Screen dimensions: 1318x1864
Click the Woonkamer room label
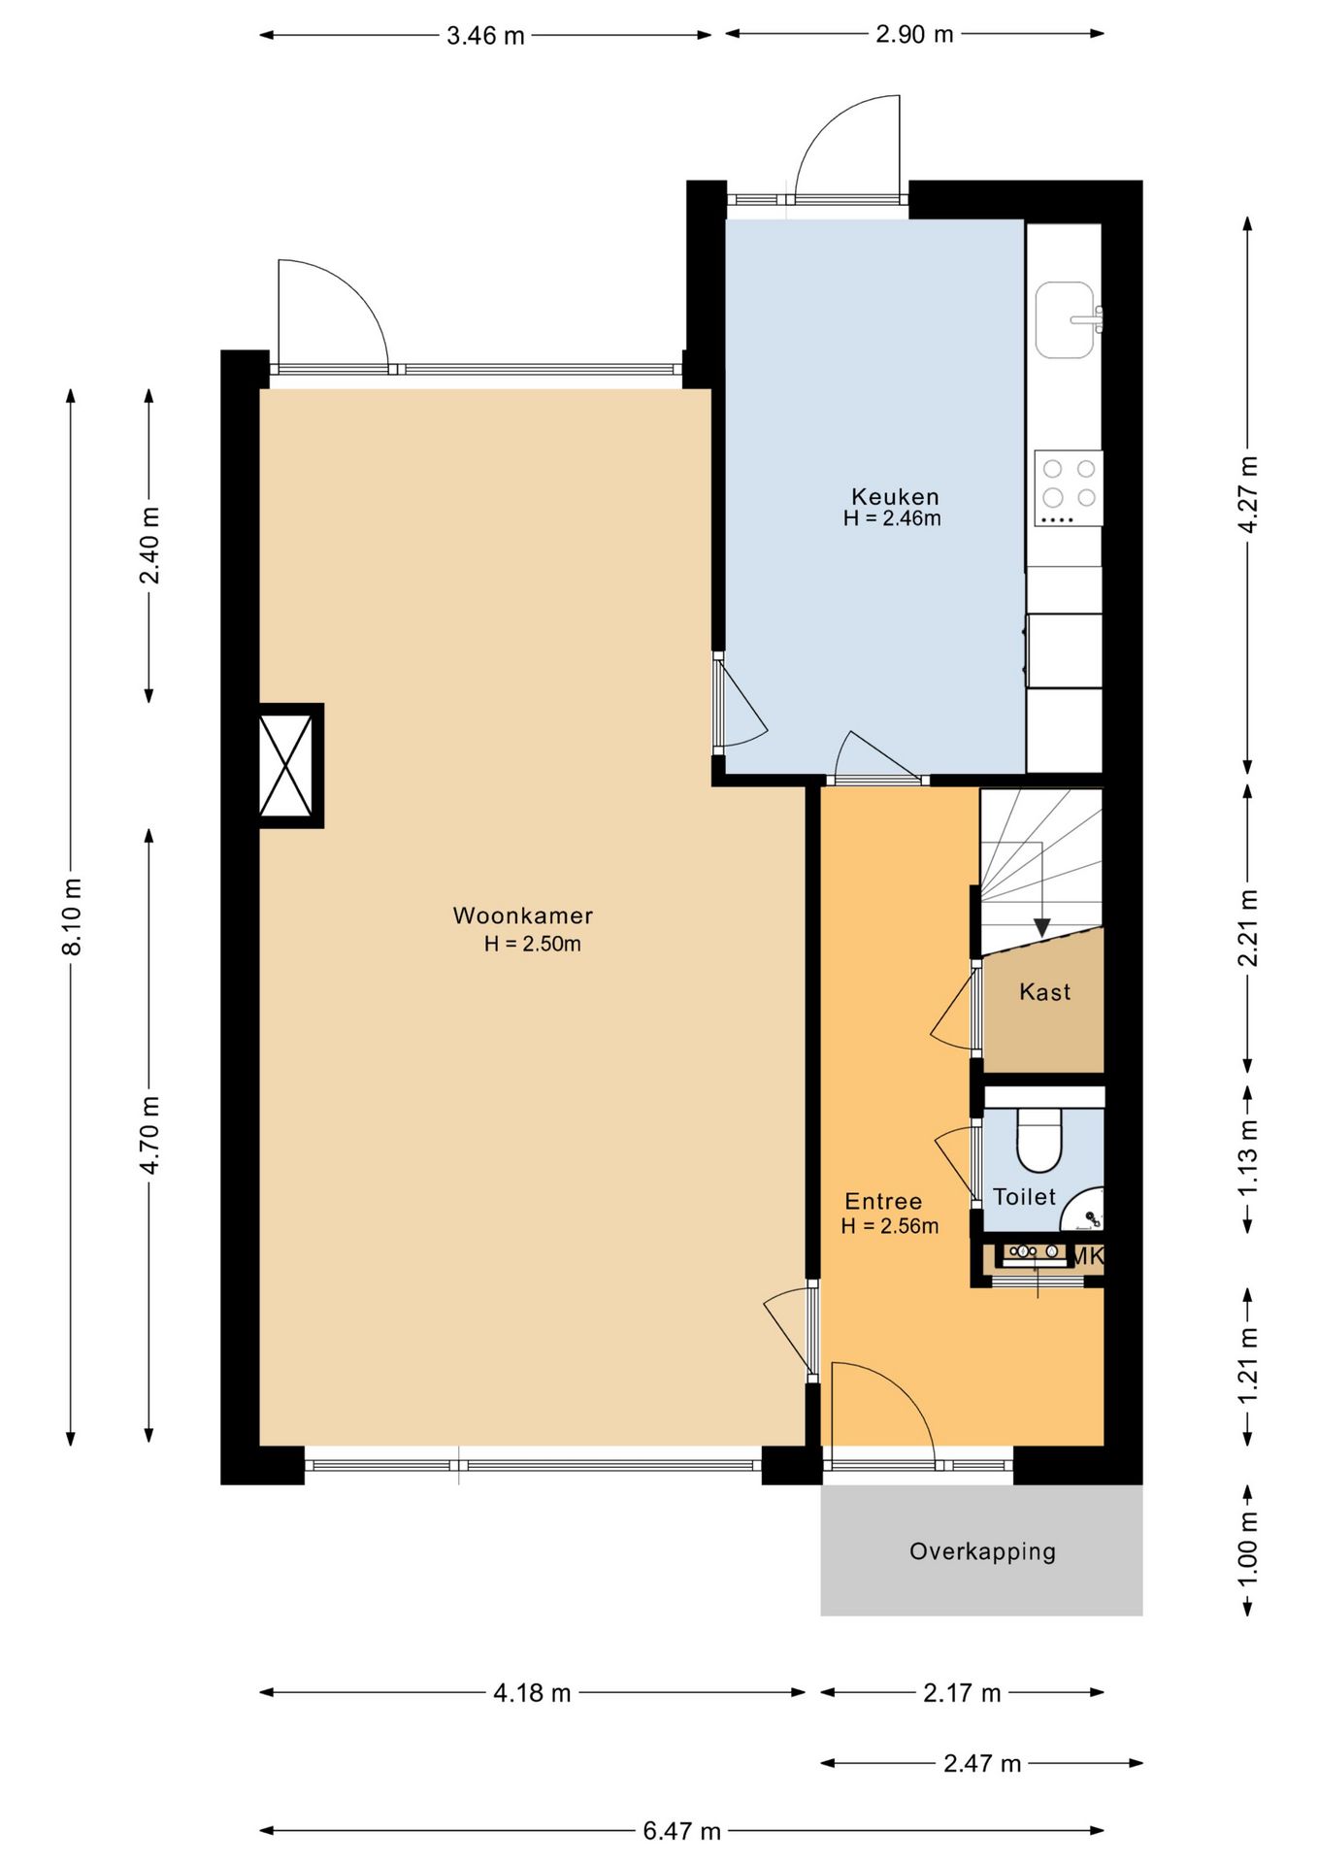coord(522,915)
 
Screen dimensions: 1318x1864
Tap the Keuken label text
coord(895,497)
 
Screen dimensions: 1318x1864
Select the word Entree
coord(883,1201)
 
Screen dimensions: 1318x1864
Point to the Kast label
coord(1044,991)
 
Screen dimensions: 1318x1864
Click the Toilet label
coord(1024,1196)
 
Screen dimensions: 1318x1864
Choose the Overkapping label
coord(982,1551)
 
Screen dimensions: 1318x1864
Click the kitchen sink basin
coord(1065,319)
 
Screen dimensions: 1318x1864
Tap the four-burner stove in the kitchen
coord(1068,488)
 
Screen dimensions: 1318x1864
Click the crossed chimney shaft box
coord(286,765)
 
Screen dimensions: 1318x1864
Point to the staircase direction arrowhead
coord(1041,928)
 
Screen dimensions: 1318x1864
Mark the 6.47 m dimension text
coord(681,1830)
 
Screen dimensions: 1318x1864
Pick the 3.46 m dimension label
coord(485,36)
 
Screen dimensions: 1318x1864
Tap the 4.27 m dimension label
coord(1248,495)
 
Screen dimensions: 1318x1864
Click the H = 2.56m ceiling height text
coord(889,1226)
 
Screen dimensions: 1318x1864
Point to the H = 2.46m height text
coord(892,518)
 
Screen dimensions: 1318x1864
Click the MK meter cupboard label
coord(1086,1256)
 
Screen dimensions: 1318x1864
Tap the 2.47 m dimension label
coord(982,1762)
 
